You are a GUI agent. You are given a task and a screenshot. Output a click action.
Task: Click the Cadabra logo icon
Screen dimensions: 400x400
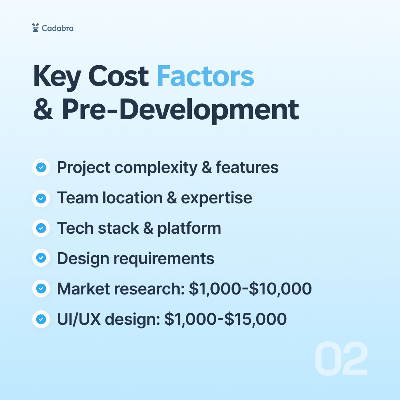click(x=35, y=28)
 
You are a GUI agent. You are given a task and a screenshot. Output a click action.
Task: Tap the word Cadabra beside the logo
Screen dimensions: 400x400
click(x=57, y=28)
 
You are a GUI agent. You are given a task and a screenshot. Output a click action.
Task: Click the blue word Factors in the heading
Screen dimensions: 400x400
click(x=205, y=76)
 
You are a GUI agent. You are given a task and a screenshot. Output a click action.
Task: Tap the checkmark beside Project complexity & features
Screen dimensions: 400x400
click(x=41, y=168)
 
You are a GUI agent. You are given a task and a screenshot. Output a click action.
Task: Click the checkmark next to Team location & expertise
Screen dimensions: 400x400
click(x=41, y=198)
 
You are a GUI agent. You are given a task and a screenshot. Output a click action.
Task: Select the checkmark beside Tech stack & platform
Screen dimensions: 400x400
click(x=41, y=228)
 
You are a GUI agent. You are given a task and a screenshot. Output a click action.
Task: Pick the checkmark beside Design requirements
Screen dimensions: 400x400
click(x=41, y=258)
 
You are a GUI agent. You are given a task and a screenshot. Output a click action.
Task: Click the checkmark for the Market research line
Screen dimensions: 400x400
click(x=41, y=289)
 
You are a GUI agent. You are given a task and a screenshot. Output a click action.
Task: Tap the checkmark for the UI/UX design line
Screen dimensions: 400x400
click(x=41, y=319)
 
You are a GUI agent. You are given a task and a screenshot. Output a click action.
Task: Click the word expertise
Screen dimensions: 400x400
click(x=216, y=198)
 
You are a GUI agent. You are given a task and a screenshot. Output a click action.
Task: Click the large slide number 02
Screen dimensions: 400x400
click(x=341, y=359)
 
